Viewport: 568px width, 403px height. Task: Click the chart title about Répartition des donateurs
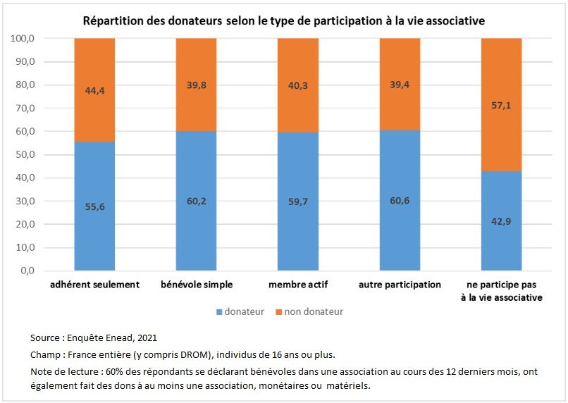pos(283,21)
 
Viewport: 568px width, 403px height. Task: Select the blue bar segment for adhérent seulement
pos(94,211)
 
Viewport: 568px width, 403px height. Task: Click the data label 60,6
pos(400,200)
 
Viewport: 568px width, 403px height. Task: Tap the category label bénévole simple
pos(196,285)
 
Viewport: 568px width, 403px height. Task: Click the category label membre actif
pos(298,285)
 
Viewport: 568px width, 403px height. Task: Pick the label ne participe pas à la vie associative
pos(501,291)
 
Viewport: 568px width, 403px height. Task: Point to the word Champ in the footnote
pos(45,354)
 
